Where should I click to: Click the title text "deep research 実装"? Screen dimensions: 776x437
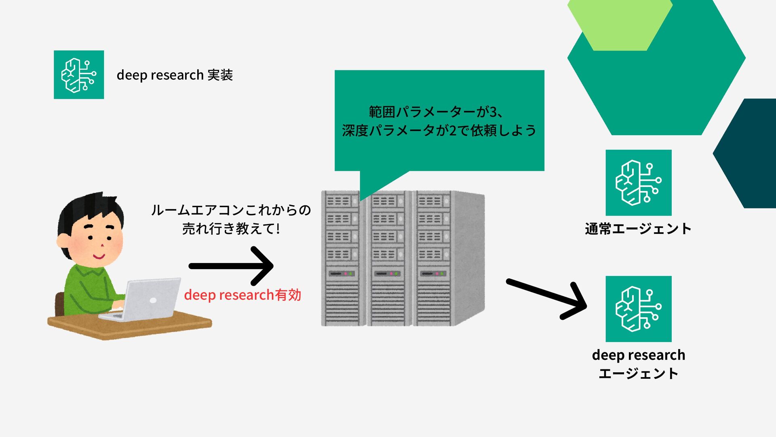(175, 75)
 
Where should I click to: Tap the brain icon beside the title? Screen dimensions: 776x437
(79, 75)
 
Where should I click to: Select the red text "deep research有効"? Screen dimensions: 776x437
(242, 295)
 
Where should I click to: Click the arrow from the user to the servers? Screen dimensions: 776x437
(231, 266)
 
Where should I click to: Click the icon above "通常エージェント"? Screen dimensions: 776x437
(638, 182)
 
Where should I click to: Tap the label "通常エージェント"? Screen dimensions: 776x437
(638, 229)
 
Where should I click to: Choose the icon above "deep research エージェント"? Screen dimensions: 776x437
(638, 309)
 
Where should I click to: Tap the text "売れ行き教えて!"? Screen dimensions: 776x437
(231, 229)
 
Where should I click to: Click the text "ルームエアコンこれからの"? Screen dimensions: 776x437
(231, 210)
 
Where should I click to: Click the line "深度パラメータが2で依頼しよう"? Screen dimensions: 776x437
(439, 131)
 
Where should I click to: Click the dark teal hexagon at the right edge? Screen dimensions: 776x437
(748, 154)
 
